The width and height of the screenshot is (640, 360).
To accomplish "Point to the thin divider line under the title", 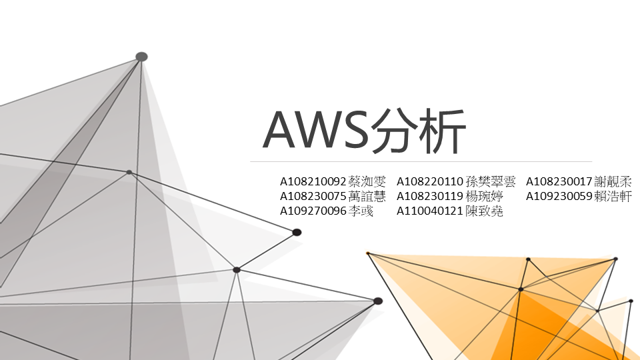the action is coord(421,161).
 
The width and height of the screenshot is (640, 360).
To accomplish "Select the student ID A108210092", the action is coord(313,181).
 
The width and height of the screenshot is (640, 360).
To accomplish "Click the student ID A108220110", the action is coord(430,181).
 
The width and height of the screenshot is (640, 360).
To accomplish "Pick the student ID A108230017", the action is coord(559,181).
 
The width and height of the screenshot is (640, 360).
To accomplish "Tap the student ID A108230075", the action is coord(313,196).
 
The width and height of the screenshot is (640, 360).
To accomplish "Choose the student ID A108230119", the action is coord(430,196).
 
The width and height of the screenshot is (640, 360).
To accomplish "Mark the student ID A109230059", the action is coord(559,196).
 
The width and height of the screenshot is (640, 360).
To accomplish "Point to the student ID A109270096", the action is coord(313,211).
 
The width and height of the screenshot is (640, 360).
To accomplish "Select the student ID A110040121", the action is coord(430,211).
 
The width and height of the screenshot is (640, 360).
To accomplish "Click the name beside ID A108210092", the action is coord(367,181).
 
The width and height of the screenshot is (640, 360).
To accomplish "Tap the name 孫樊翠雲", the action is coord(491,181).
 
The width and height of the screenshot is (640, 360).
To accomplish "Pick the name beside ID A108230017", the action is coord(613,181).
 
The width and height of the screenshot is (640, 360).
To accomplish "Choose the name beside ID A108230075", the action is coord(367,196).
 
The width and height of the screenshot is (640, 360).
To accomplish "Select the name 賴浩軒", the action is coord(613,196).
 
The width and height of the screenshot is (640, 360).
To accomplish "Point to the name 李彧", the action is coord(361,211).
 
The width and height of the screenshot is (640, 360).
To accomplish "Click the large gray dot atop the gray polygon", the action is coord(141,57).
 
